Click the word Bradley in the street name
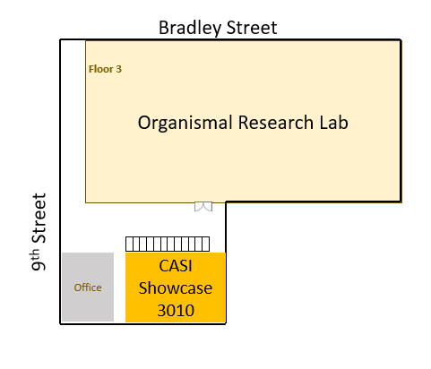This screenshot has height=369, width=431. [190, 29]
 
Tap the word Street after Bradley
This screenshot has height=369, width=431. [252, 28]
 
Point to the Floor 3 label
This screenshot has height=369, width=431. [105, 69]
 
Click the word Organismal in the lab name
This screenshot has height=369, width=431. [185, 123]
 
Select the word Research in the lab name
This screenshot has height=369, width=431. [276, 123]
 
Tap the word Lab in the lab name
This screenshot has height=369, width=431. [334, 122]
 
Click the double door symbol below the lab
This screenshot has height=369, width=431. [203, 206]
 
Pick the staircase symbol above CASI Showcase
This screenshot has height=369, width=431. [168, 244]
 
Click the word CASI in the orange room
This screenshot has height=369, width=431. [176, 266]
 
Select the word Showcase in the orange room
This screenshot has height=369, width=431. [176, 288]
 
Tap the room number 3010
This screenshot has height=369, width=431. [176, 311]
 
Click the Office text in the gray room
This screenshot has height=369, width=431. [88, 287]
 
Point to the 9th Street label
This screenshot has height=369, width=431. [39, 232]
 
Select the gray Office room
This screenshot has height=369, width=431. [88, 287]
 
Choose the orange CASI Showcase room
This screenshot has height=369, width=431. [176, 287]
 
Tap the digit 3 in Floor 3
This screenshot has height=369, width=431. [119, 69]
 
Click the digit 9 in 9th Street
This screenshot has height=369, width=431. [39, 265]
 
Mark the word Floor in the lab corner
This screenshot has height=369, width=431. [101, 69]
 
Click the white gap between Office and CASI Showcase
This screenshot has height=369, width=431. [119, 287]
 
